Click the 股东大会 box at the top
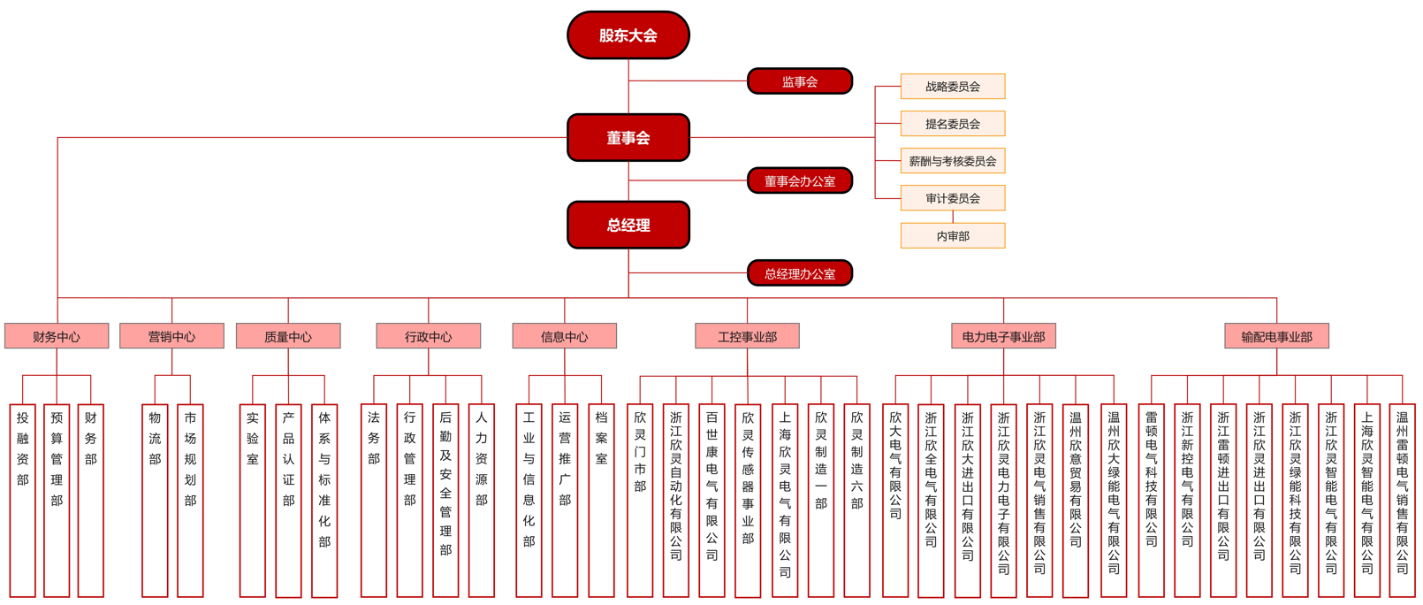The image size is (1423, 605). [x=628, y=35]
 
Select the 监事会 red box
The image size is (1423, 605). [x=799, y=81]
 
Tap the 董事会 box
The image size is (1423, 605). [x=628, y=137]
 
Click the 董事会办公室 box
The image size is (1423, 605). [x=799, y=180]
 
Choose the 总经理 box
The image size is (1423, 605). [x=628, y=225]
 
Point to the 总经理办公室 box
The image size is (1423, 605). [x=799, y=273]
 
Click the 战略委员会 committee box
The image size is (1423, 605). [x=952, y=87]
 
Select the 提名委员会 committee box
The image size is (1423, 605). [x=952, y=124]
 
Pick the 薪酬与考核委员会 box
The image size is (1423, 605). [x=952, y=161]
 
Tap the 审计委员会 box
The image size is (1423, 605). [x=952, y=198]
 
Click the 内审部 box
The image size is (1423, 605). [x=952, y=236]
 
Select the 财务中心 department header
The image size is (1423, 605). [x=57, y=336]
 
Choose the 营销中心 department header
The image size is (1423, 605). [x=171, y=336]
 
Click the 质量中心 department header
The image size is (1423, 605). [x=288, y=336]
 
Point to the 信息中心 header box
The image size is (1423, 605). [x=564, y=336]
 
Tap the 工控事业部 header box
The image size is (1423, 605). [x=747, y=336]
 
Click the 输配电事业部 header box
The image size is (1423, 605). [x=1276, y=336]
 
